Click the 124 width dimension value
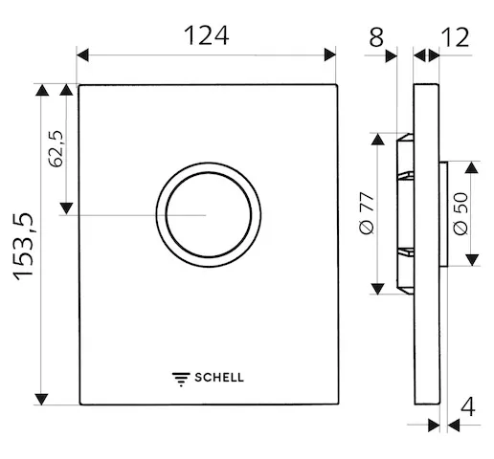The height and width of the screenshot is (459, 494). click(206, 35)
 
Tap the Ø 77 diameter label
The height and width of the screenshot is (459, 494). click(365, 211)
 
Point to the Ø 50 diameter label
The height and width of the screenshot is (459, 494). click(459, 214)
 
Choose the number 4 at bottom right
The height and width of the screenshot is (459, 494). click(467, 405)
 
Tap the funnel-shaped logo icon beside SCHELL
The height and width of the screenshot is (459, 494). click(181, 377)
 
